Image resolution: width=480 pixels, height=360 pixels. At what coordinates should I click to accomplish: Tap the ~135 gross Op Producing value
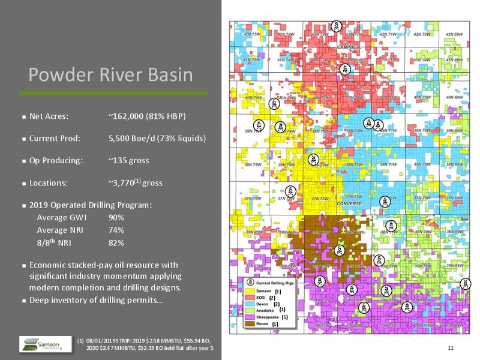coord(129,160)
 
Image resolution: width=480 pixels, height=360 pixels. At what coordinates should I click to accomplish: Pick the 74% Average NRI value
coord(116,230)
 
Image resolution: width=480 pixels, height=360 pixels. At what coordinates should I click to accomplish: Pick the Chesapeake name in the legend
coord(268,317)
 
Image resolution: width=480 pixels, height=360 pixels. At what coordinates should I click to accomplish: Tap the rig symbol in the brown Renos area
coord(340,249)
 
